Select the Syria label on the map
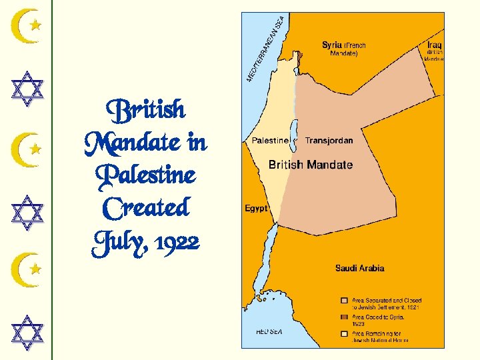click(x=331, y=45)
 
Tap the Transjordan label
click(x=329, y=141)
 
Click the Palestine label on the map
click(x=269, y=141)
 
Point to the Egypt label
click(x=256, y=209)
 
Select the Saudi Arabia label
click(x=359, y=269)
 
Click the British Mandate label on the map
click(x=310, y=165)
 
